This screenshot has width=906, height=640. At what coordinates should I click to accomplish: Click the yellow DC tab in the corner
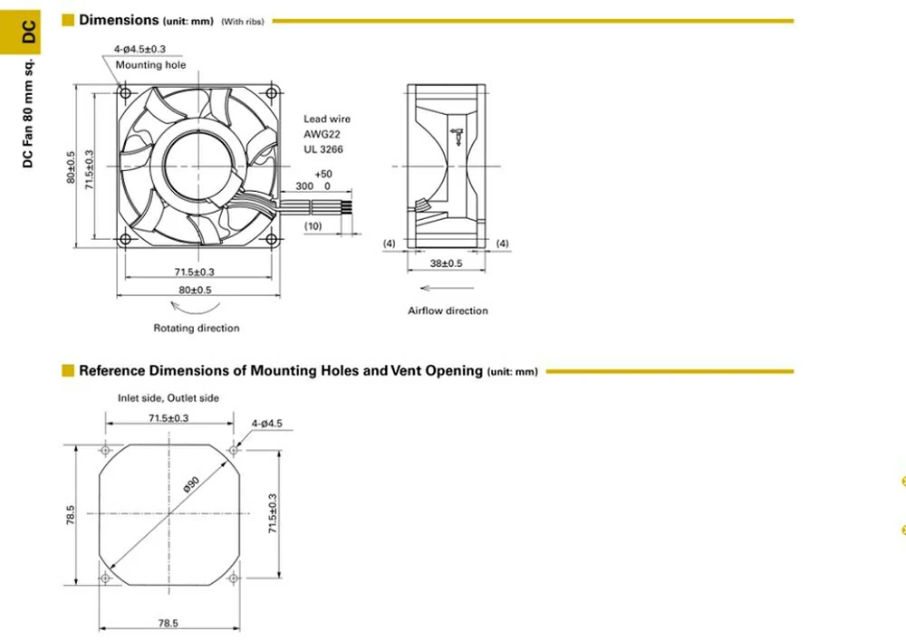[x=28, y=32]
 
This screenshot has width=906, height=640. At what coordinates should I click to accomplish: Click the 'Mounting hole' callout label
[x=150, y=65]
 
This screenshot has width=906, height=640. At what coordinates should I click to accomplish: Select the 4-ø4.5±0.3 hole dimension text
[x=140, y=49]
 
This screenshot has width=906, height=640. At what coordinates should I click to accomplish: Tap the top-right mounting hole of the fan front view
[x=271, y=91]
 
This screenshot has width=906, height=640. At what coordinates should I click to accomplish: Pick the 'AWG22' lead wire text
[x=323, y=134]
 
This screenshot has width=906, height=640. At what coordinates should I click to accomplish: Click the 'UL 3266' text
[x=323, y=149]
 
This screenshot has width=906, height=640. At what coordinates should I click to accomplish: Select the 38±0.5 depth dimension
[x=445, y=263]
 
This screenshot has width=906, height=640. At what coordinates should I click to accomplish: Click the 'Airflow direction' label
[x=448, y=310]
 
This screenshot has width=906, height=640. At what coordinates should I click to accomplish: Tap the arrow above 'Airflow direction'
[x=443, y=288]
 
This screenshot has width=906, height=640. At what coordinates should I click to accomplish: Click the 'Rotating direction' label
[x=197, y=328]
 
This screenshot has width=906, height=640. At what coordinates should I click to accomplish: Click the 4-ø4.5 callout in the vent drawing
[x=267, y=423]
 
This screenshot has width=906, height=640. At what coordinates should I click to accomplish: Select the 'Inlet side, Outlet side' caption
[x=169, y=397]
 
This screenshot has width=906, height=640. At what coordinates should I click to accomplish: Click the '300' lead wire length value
[x=304, y=186]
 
